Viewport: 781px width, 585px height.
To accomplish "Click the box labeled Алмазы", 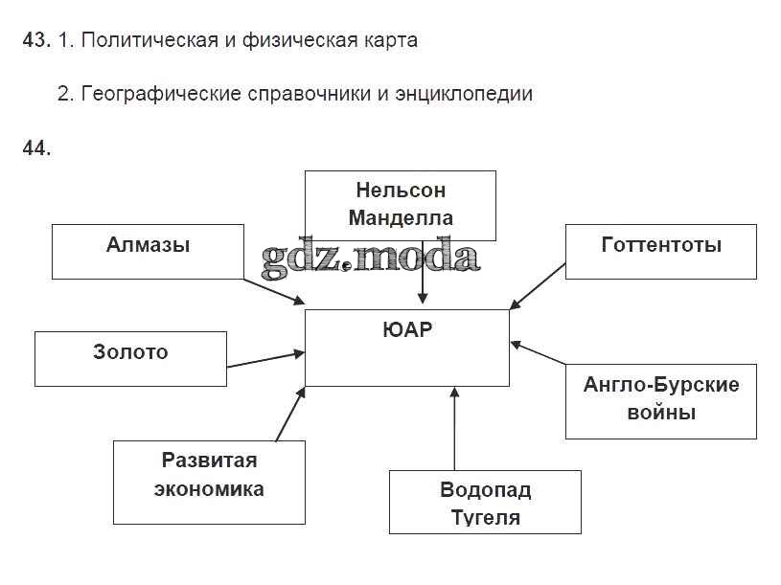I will [149, 251].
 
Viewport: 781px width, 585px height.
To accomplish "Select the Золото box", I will [130, 358].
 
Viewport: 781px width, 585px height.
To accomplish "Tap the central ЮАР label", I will [407, 331].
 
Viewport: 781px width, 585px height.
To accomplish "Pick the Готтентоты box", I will [660, 251].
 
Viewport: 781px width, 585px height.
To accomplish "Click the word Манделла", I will [401, 217].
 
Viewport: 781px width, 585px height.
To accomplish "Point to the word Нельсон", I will [401, 190].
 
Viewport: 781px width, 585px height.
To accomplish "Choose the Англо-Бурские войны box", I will [660, 400].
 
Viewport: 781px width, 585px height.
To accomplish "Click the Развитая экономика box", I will [209, 482].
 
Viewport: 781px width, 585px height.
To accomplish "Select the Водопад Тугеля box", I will [485, 502].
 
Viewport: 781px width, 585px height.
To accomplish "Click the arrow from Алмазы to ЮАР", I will [273, 292].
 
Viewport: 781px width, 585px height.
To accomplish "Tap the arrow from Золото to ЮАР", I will [265, 360].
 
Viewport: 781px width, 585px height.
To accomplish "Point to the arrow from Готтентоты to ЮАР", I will [538, 285].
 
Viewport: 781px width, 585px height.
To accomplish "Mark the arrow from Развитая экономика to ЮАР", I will [290, 414].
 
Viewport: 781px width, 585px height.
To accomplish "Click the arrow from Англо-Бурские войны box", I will [539, 353].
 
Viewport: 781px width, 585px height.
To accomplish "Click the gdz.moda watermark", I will [370, 257].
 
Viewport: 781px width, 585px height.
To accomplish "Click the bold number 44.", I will [35, 147].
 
